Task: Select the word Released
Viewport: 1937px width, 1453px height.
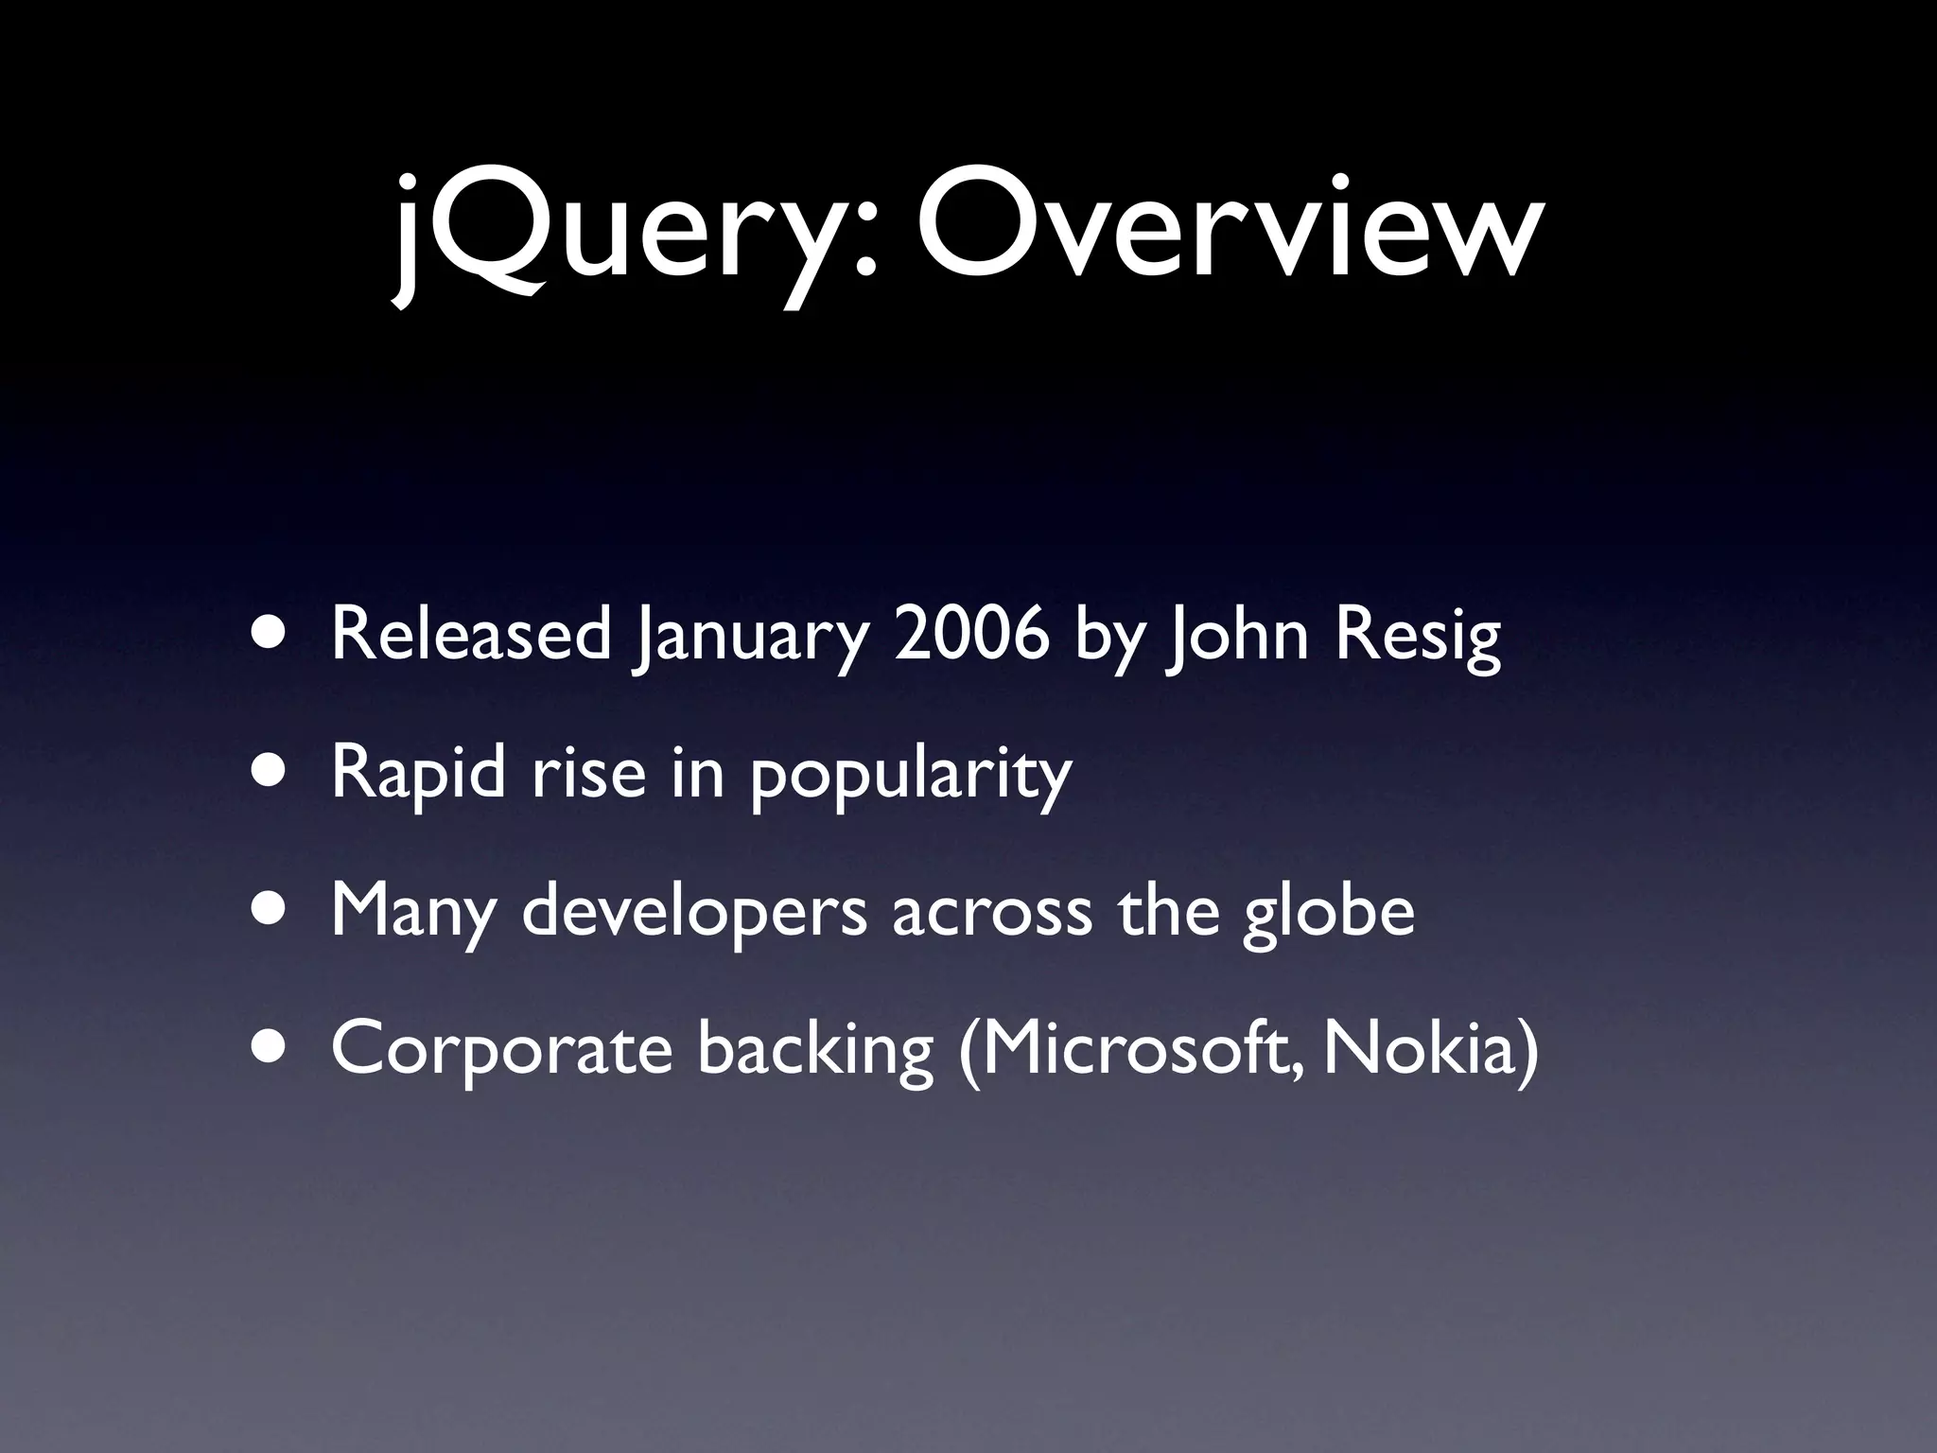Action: (x=471, y=636)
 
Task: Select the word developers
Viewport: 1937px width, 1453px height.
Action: (x=694, y=912)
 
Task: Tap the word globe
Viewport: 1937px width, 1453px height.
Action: (x=1328, y=912)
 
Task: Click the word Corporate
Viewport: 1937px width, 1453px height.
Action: (x=501, y=1050)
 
